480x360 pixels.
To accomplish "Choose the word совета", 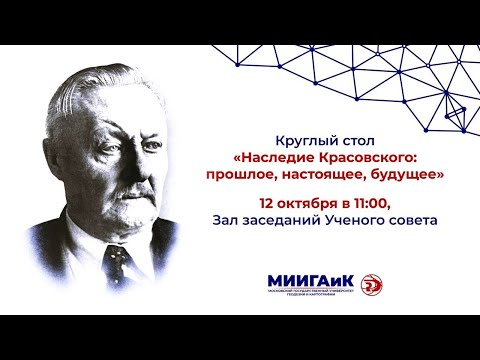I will coord(417,220).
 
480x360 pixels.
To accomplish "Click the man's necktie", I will coord(119,262).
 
